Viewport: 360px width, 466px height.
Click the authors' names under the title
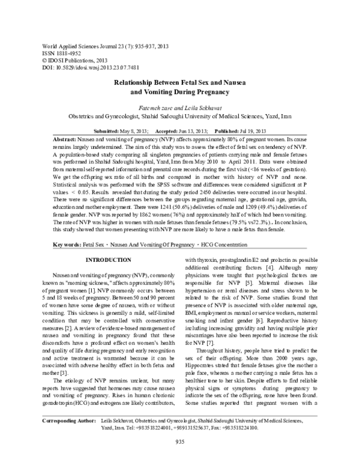180,104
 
